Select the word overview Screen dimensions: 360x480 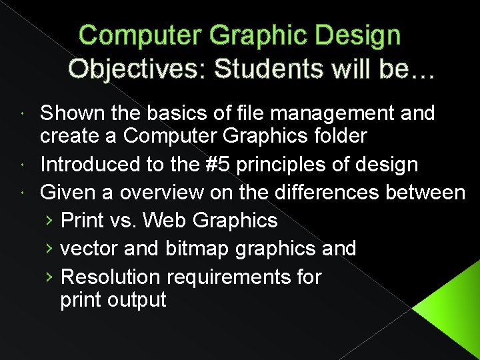point(148,193)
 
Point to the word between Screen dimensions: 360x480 point(426,193)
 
